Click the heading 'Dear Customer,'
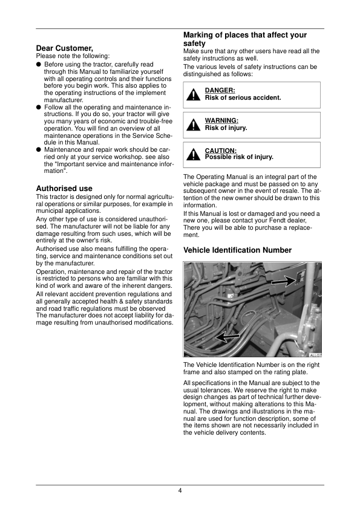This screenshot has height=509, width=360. (65, 48)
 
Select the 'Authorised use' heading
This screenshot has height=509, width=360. (64, 189)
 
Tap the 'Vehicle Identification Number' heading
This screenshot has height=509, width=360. (237, 250)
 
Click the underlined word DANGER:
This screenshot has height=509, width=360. (220, 91)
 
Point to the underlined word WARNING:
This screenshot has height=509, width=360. (221, 121)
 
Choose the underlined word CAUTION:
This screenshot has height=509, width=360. (221, 151)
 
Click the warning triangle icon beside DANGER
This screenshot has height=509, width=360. (193, 95)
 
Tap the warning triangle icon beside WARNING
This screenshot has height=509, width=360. (193, 125)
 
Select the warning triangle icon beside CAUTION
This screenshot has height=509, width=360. (193, 155)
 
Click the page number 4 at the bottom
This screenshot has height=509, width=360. (180, 490)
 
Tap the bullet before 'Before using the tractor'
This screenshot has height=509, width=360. (39, 63)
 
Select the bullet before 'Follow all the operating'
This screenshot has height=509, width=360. (39, 107)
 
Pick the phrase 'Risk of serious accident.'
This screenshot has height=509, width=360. (243, 98)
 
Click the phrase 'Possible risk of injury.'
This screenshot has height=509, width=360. (239, 157)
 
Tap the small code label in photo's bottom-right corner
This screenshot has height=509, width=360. (315, 355)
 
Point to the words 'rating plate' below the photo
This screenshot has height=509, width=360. (289, 372)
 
